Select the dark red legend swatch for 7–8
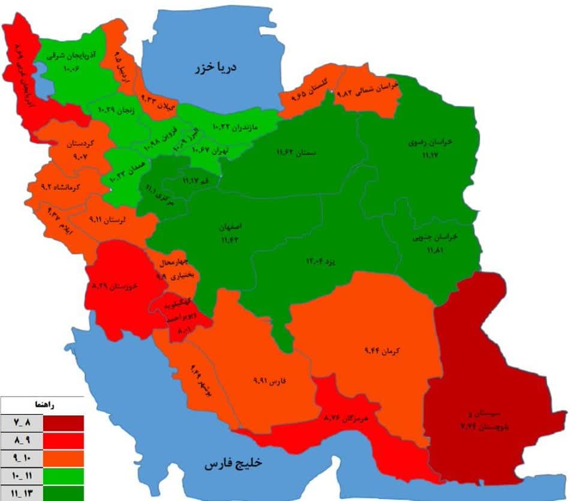pyautogui.click(x=63, y=423)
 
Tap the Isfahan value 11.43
pyautogui.click(x=230, y=240)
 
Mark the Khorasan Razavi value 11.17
pyautogui.click(x=429, y=155)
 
